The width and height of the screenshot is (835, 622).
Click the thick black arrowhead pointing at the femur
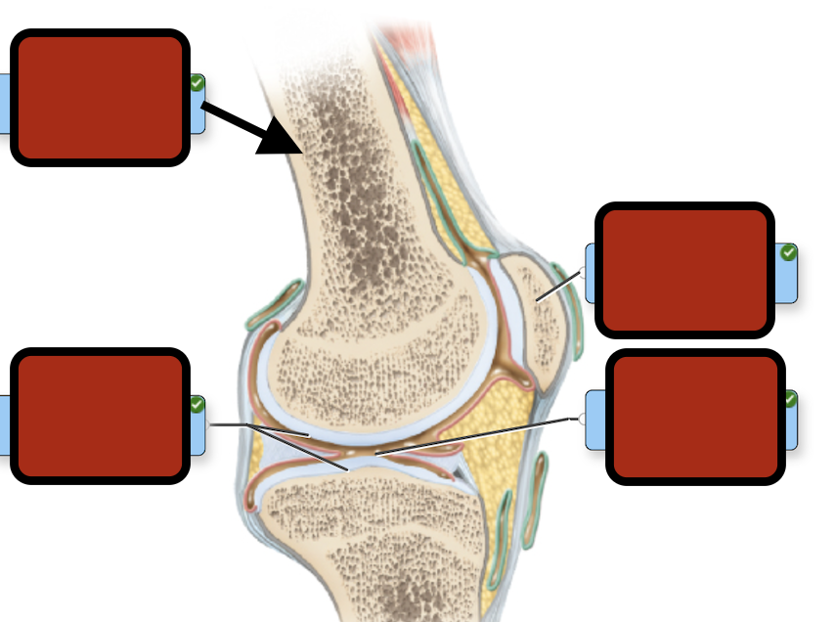pyautogui.click(x=282, y=139)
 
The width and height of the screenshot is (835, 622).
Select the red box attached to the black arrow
pyautogui.click(x=99, y=97)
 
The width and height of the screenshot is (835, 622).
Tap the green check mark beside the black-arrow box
pyautogui.click(x=197, y=84)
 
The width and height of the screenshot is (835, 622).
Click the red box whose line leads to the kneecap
pyautogui.click(x=684, y=269)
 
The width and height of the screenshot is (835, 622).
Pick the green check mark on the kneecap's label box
pyautogui.click(x=788, y=253)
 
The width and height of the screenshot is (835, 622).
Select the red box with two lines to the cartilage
pyautogui.click(x=99, y=416)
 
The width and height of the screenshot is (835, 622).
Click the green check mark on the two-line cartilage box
pyautogui.click(x=197, y=404)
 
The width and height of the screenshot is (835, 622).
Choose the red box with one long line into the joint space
pyautogui.click(x=695, y=417)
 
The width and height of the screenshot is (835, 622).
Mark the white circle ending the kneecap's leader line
pyautogui.click(x=584, y=272)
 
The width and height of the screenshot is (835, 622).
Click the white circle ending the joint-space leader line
pyautogui.click(x=584, y=419)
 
